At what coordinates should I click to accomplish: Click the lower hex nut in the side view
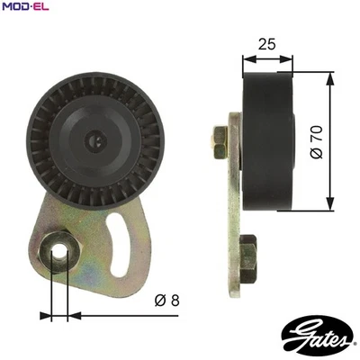[x=247, y=246]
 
